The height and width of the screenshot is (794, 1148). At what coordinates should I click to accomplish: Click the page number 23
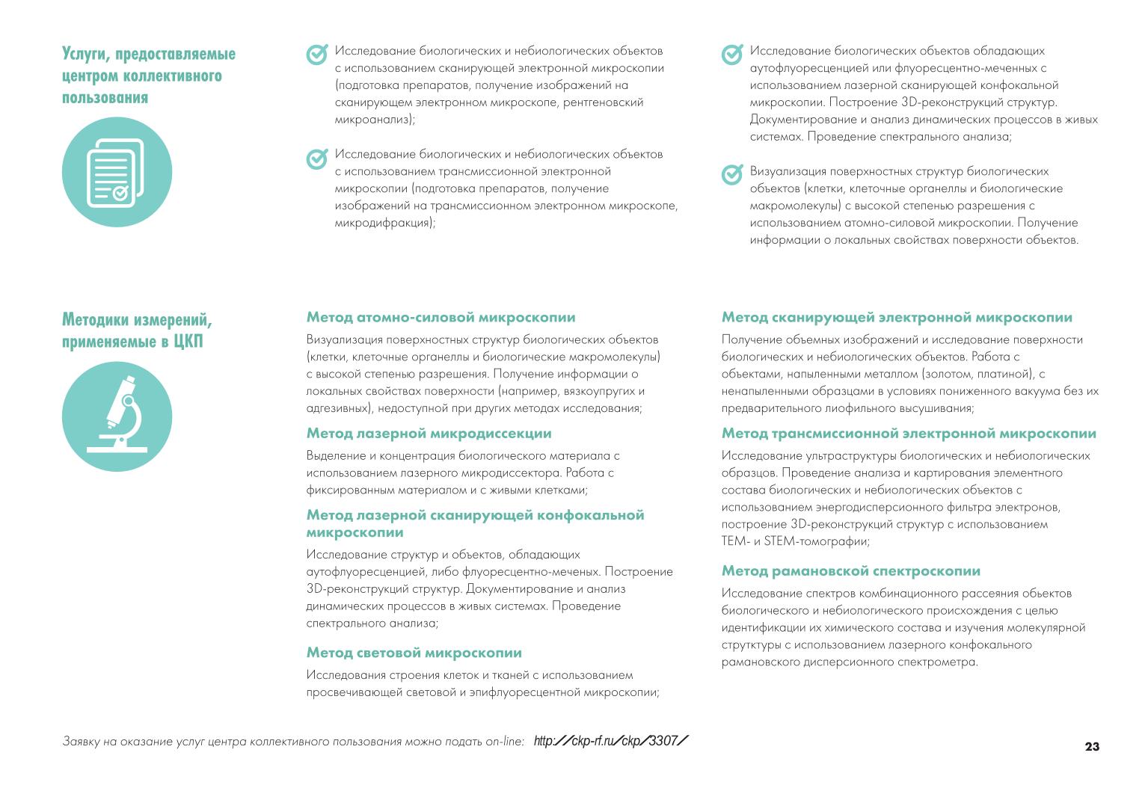coord(1092,747)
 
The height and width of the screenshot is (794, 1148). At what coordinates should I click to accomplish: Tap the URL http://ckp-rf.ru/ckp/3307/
coord(611,741)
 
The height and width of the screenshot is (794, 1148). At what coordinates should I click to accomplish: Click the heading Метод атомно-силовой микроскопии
coord(441,318)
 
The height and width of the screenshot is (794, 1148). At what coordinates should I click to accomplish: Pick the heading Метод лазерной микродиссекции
coord(429,434)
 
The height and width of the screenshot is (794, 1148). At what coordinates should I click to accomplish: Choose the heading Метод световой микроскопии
coord(414,653)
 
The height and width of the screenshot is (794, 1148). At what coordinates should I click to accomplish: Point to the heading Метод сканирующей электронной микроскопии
coord(897,318)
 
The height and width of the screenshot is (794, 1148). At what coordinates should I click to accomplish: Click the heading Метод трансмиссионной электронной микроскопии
coord(909,434)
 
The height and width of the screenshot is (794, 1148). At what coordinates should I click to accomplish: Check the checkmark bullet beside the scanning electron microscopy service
coord(317,55)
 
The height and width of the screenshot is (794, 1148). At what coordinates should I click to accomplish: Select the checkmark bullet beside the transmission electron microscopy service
coord(317,158)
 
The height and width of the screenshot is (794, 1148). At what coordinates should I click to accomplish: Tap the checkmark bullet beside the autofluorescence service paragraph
coord(731,55)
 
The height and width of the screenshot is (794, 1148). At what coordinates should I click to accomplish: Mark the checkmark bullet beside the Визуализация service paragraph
coord(731,175)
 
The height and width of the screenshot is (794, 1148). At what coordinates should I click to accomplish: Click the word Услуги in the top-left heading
coord(83,54)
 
